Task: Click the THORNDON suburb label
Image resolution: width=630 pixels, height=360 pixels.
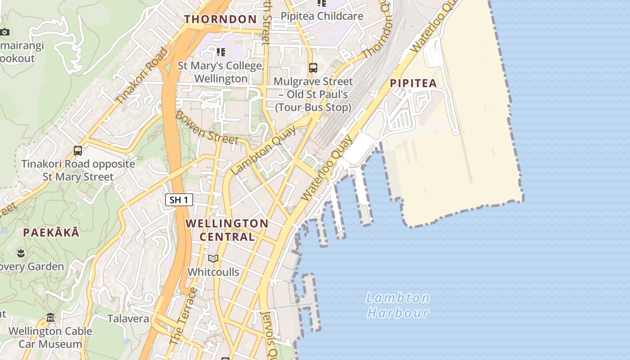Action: point(220,19)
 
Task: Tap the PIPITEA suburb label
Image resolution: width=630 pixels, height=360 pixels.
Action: point(413,83)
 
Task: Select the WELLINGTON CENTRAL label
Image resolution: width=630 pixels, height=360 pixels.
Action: point(227,230)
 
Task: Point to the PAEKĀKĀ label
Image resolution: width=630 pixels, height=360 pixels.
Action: point(51,233)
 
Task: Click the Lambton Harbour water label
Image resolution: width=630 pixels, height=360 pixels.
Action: point(398,305)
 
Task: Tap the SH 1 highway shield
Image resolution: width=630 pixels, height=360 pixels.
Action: point(179,200)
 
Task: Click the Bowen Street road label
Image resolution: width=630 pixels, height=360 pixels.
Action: point(206,128)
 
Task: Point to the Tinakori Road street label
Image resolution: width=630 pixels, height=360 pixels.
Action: point(141,76)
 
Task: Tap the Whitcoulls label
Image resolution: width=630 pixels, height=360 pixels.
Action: point(213,272)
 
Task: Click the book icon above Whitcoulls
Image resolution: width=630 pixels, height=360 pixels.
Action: point(213,259)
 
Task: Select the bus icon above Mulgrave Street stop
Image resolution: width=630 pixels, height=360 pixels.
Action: point(313,68)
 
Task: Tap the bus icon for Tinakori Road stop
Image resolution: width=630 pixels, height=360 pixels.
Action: point(78,150)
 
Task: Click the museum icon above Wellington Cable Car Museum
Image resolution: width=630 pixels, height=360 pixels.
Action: point(50,318)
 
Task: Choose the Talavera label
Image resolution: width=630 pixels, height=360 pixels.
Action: point(128,319)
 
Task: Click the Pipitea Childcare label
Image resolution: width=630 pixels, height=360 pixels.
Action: point(322,16)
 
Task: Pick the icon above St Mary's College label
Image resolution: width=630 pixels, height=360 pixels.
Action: point(221,52)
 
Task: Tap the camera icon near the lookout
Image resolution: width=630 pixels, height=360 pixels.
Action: point(4,32)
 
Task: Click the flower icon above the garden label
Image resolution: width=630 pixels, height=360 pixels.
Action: point(21,253)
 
